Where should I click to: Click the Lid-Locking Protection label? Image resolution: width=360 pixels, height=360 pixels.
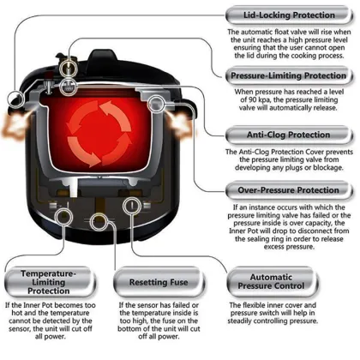pos(289,15)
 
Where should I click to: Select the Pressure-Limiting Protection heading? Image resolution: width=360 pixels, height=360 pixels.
pos(289,75)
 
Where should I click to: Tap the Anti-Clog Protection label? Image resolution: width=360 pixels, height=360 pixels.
pos(289,135)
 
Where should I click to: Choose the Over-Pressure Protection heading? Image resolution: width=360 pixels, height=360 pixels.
pos(289,190)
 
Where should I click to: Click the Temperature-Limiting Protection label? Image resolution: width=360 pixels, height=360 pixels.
pos(49,282)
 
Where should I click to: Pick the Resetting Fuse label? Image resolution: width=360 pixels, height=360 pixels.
pos(159,282)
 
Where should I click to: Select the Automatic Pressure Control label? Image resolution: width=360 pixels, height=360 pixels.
pos(272,282)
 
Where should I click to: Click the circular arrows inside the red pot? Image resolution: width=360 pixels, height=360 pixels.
pos(99,134)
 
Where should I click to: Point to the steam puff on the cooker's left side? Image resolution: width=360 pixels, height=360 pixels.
pos(15,126)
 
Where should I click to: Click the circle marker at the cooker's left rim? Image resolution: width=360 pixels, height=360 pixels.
pos(15,99)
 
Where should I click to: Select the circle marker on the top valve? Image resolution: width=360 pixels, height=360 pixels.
pos(69,67)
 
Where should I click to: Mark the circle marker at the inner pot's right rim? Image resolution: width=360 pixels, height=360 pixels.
pos(157,104)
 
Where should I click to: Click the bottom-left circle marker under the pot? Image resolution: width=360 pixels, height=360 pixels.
pos(63,217)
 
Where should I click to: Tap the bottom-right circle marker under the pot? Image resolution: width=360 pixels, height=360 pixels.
pos(132,206)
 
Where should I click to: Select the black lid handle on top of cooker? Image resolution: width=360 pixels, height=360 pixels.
pos(102,57)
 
